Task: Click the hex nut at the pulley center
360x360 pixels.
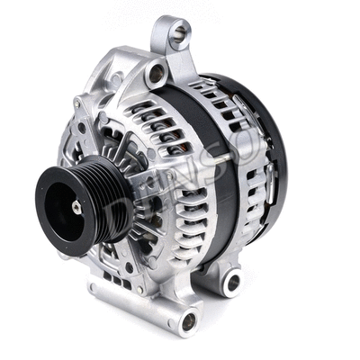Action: pyautogui.click(x=76, y=206)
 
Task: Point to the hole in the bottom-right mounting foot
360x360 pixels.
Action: pyautogui.click(x=233, y=283)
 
